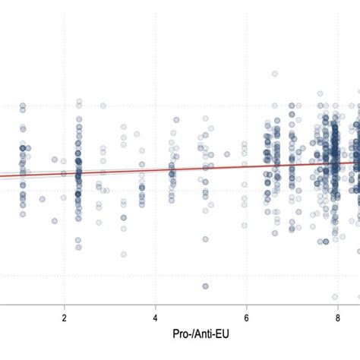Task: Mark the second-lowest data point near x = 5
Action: click(x=205, y=239)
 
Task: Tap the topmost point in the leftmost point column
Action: click(x=23, y=106)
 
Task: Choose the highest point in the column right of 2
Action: click(x=78, y=101)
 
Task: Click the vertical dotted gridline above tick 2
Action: click(x=64, y=46)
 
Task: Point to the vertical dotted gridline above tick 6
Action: click(x=247, y=46)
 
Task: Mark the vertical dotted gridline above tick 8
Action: click(x=338, y=46)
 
